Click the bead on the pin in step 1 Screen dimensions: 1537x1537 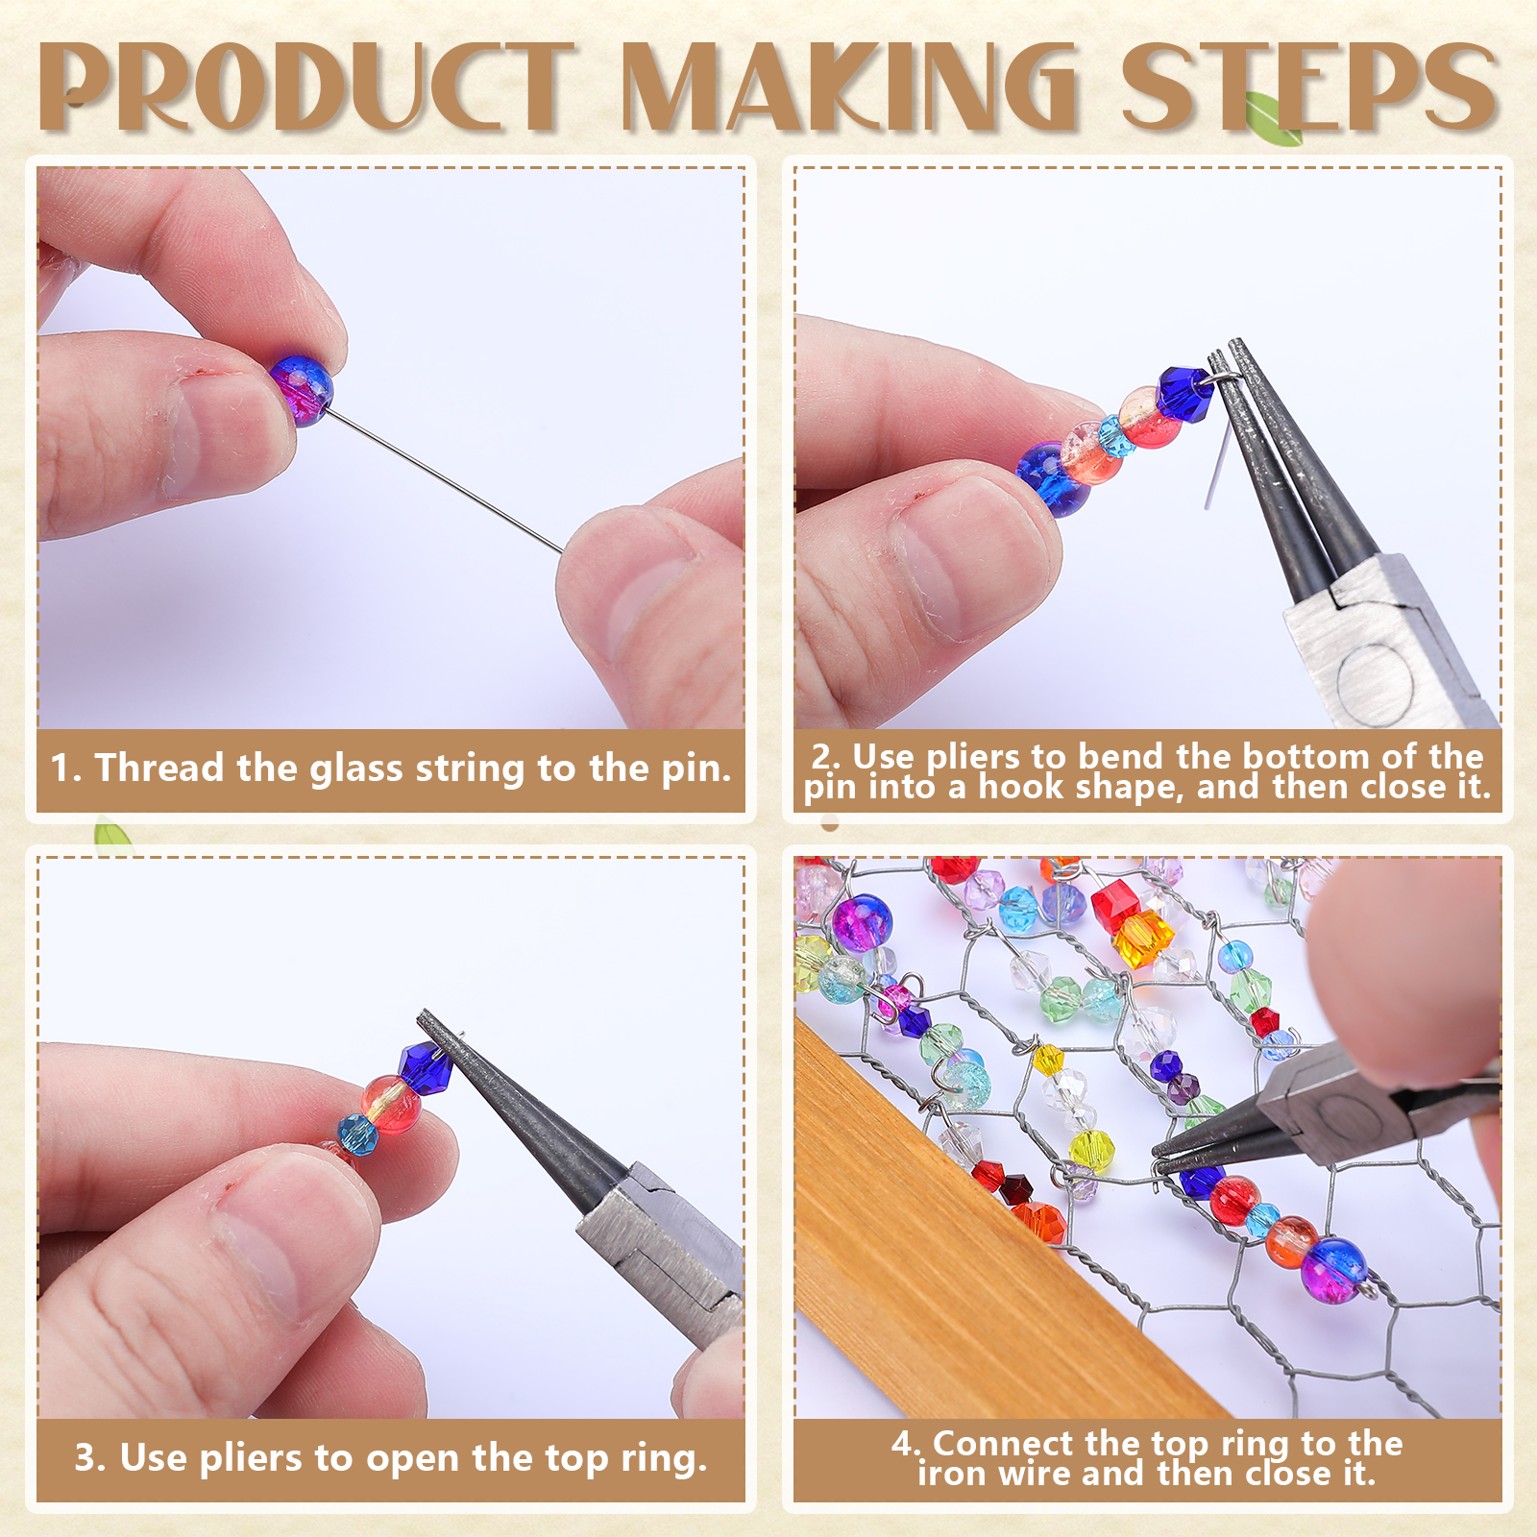(x=301, y=389)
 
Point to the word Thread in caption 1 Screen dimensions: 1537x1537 (x=159, y=768)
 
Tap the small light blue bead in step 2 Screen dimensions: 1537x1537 (x=1115, y=435)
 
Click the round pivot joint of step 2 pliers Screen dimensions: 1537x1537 (x=1374, y=677)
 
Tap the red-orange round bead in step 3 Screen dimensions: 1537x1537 (x=392, y=1104)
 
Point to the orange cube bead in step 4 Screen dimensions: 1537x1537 (x=1143, y=939)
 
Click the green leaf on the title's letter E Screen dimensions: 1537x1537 (x=1273, y=117)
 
